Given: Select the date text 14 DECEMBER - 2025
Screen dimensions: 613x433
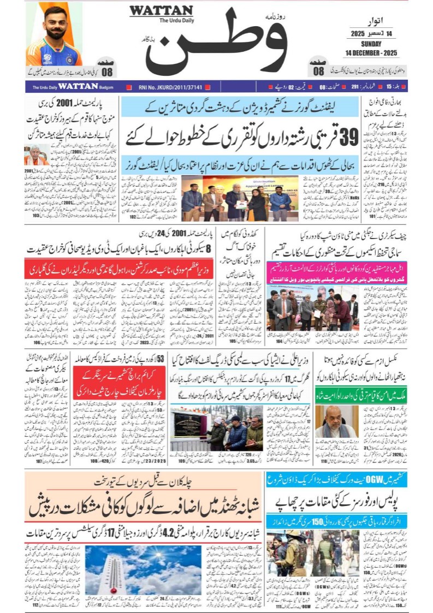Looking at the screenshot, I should tap(371, 52).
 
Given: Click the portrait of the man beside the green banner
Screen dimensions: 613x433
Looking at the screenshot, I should tap(336, 422).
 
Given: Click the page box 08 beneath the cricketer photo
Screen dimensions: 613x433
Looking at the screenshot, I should tap(106, 71).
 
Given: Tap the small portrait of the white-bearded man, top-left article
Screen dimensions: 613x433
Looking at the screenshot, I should tap(36, 155).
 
